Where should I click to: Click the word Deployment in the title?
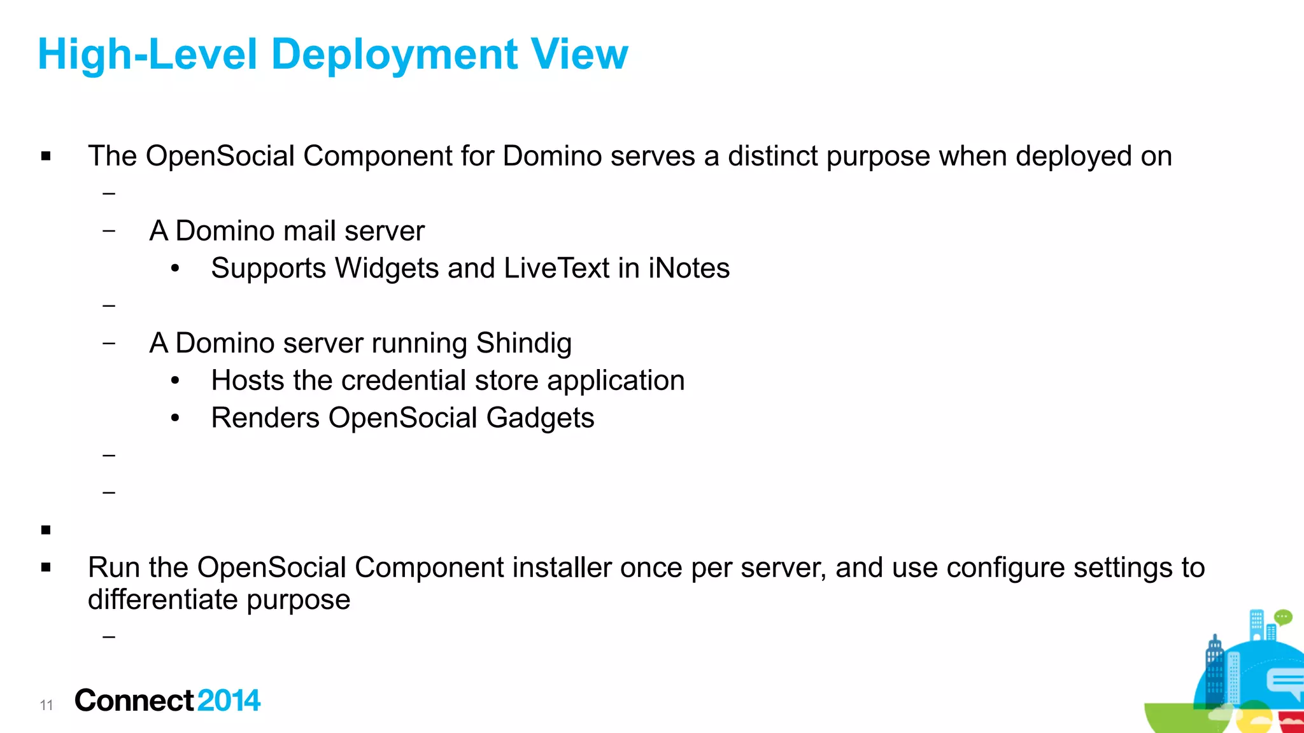coord(395,55)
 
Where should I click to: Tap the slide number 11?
coord(46,705)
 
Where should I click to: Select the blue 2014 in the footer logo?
coord(229,701)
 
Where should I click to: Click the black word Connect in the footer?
coord(134,701)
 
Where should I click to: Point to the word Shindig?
coord(523,344)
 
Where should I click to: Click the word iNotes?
coord(689,269)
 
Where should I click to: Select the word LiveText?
coord(557,269)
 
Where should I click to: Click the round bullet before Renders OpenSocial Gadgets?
coord(176,419)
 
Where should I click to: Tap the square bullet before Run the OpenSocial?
coord(46,568)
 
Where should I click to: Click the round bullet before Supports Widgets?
coord(176,269)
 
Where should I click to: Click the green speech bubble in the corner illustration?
coord(1283,617)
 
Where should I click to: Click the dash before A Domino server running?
coord(109,344)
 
